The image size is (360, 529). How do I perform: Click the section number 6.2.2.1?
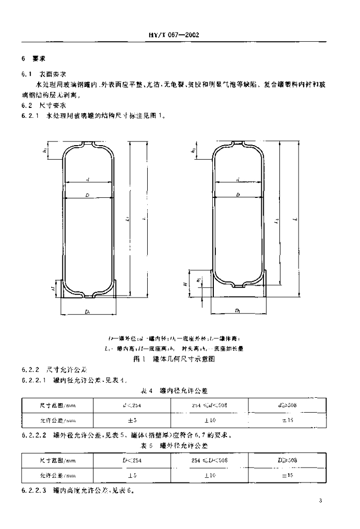point(35,380)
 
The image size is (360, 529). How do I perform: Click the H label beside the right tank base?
point(184,284)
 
